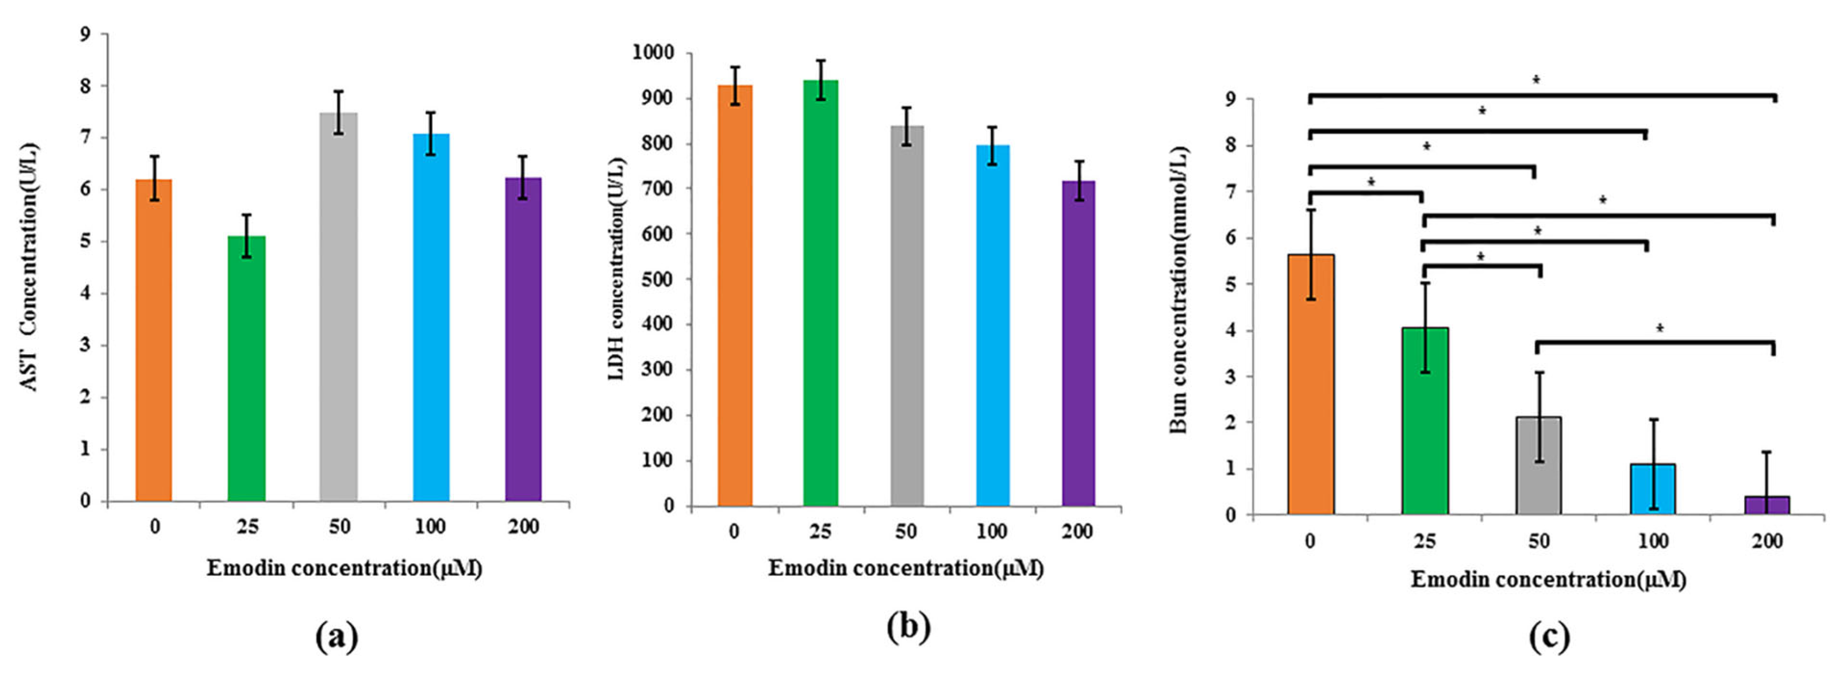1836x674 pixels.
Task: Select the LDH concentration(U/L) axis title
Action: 617,267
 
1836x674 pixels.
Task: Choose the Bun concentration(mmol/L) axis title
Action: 1179,289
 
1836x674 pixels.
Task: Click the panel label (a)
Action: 336,636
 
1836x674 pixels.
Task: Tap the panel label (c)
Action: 1549,636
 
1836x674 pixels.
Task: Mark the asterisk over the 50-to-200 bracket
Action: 1659,329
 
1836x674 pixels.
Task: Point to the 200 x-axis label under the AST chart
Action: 523,527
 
